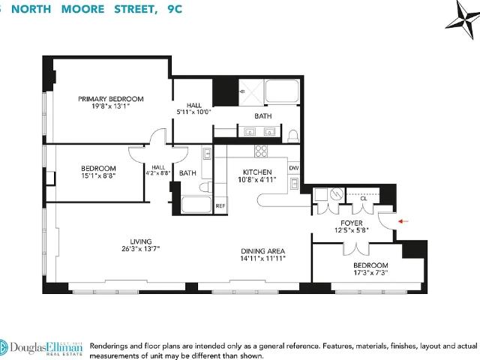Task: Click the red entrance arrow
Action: coord(403,221)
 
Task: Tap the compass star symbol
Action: coord(463,19)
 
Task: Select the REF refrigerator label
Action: coord(220,206)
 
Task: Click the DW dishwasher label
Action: coord(294,168)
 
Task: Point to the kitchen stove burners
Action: coord(261,151)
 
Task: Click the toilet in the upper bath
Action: coord(293,136)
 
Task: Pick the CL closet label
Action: coord(363,199)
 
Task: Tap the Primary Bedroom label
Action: coord(111,99)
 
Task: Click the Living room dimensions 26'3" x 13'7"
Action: coord(141,249)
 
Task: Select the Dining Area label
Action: coord(263,251)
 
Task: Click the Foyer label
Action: coord(352,223)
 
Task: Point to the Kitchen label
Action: coord(257,172)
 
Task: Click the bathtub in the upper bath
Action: coord(282,91)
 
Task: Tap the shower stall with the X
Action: coord(251,91)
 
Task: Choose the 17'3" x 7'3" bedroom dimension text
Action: coord(370,273)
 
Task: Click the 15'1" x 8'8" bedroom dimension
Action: coord(98,175)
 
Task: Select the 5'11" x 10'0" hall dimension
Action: coord(194,112)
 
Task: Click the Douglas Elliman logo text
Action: coord(46,348)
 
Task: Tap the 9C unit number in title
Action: coord(175,9)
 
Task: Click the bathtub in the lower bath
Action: coord(196,205)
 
